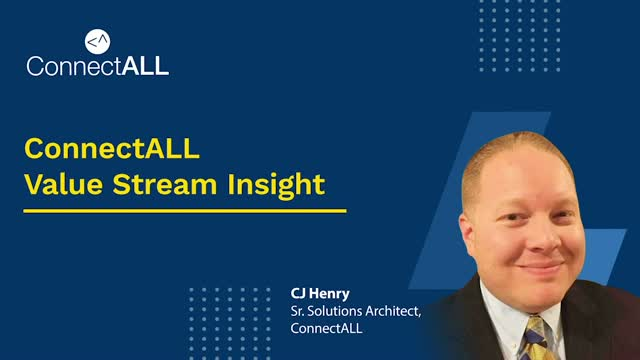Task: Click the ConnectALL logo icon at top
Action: [x=98, y=41]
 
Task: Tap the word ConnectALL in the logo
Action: [x=98, y=66]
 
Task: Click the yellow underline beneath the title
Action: [x=185, y=211]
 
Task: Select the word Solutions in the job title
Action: [x=342, y=314]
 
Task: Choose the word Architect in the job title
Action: [x=398, y=314]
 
